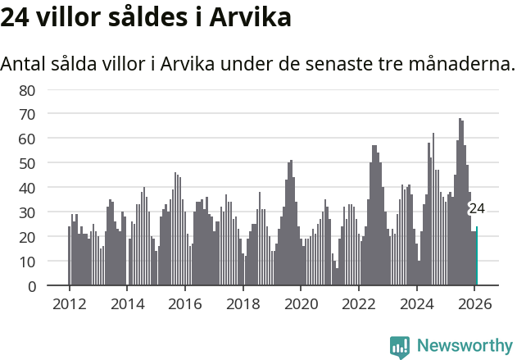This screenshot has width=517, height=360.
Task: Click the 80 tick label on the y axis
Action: (27, 89)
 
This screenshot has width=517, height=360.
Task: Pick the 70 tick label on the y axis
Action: (27, 114)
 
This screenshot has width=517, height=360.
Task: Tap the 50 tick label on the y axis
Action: (27, 163)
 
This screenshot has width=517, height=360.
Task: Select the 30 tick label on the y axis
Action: (27, 212)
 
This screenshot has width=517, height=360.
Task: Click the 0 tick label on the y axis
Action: (31, 286)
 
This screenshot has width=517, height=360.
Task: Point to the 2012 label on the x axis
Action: (69, 303)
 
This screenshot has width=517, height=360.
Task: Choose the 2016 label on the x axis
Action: (185, 303)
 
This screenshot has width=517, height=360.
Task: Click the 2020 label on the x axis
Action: (301, 303)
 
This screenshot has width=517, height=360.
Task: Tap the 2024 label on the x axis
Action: (417, 303)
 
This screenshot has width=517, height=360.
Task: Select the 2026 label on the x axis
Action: (475, 303)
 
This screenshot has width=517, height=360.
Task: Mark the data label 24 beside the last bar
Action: (477, 208)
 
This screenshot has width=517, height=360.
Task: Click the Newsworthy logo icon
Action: (400, 346)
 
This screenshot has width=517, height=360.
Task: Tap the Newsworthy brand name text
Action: (464, 346)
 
